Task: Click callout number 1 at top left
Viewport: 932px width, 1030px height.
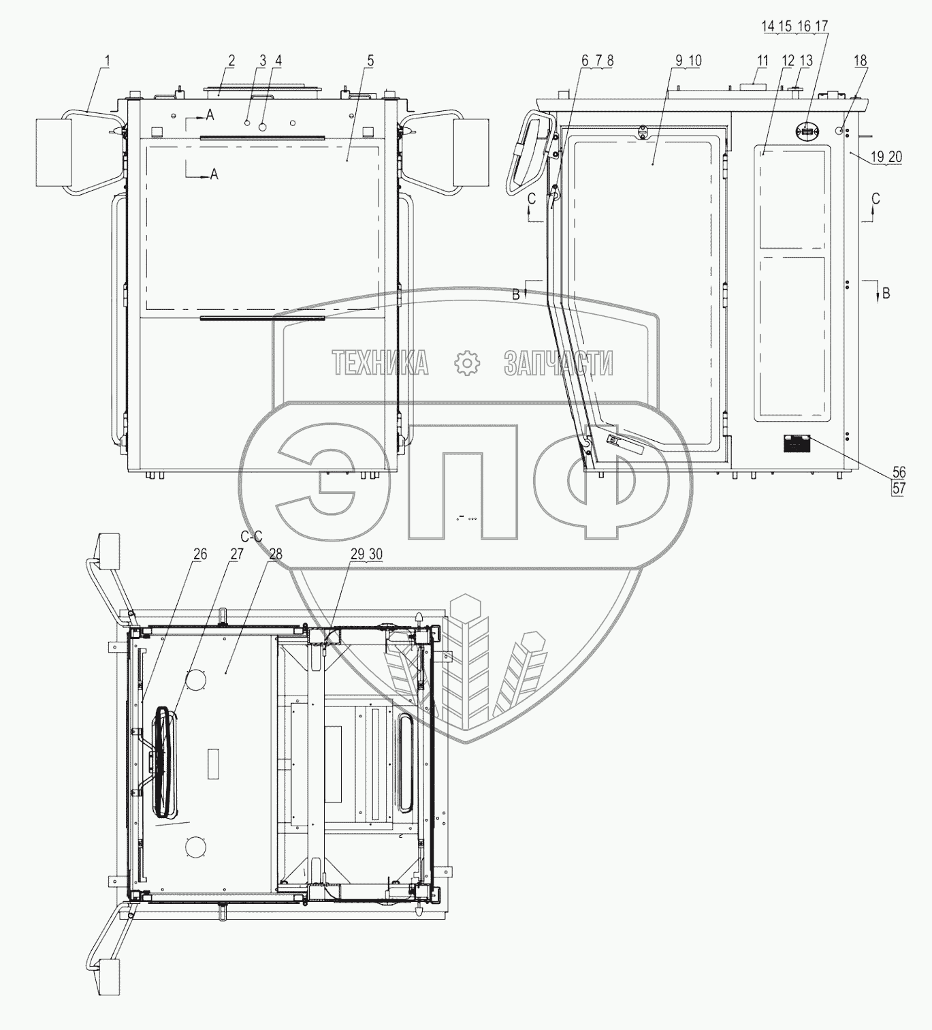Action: click(108, 61)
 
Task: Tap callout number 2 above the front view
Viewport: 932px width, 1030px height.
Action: click(231, 61)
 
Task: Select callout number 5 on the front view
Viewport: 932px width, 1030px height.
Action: click(370, 61)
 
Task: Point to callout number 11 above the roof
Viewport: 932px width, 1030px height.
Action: click(762, 61)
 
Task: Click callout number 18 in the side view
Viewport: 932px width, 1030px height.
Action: click(860, 61)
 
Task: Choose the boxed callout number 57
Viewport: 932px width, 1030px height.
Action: click(899, 488)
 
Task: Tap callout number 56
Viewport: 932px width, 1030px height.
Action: click(899, 472)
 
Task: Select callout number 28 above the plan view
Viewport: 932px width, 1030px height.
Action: click(276, 554)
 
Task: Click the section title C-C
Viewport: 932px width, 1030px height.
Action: click(251, 537)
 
